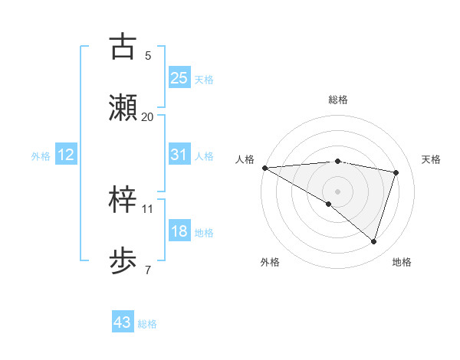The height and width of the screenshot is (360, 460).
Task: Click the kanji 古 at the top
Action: coord(123,47)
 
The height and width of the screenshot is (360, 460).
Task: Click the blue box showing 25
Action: coord(179,77)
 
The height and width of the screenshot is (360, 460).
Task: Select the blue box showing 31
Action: coord(179,154)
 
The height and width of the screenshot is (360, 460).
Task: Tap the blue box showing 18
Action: coord(179,231)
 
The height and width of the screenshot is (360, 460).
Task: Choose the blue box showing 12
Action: coord(66,155)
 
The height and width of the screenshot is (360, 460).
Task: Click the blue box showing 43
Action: coord(123,322)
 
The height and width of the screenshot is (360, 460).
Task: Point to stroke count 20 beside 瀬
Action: coord(147,116)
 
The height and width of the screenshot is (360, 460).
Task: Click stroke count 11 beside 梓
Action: coord(147,208)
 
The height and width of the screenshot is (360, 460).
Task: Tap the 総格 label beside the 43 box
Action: coord(147,324)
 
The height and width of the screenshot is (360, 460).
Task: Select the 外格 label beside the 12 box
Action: coord(41,156)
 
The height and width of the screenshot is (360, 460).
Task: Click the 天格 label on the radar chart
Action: coord(432,159)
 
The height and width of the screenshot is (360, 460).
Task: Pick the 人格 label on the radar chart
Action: coord(245,159)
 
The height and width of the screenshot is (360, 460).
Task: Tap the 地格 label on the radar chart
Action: coord(402,262)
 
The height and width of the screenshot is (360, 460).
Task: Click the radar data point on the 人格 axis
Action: coord(264,168)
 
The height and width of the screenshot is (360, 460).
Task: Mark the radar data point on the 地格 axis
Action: coord(373,241)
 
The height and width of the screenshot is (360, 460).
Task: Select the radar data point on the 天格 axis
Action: coord(396,172)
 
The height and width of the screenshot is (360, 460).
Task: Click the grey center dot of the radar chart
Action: coord(337,190)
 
